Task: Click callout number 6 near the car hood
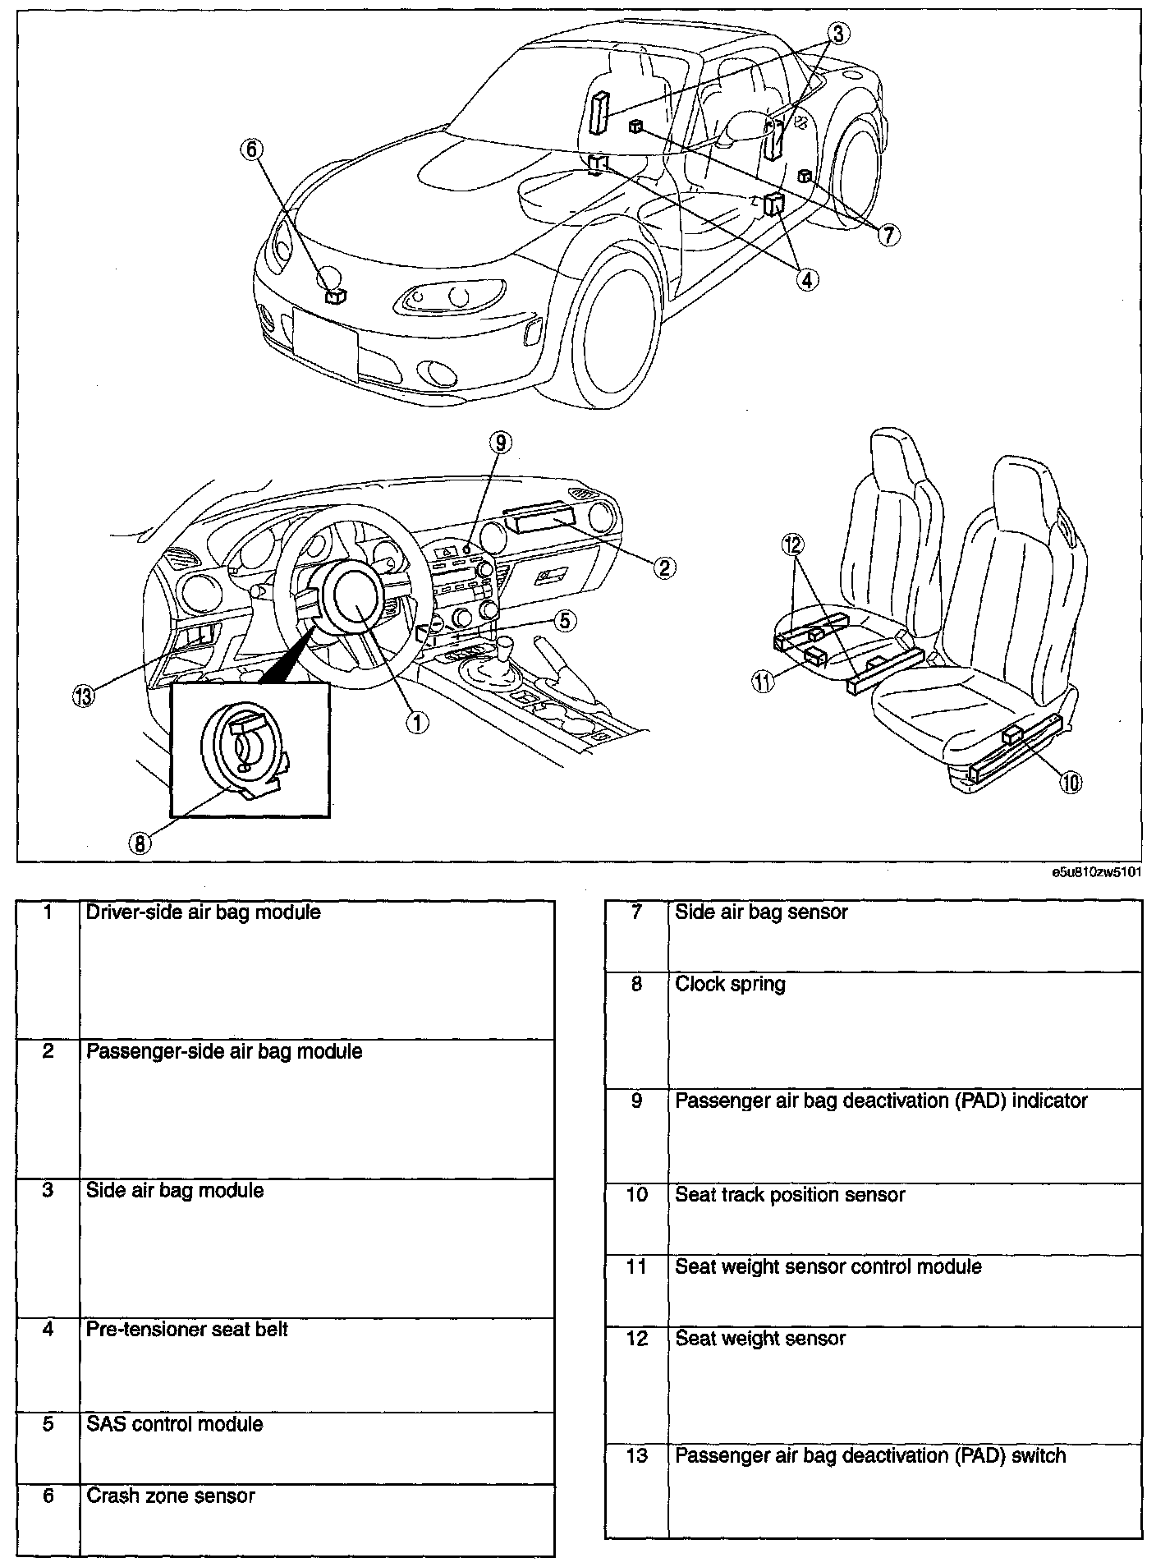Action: tap(251, 149)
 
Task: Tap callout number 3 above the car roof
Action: tap(837, 34)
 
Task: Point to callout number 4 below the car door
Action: tap(805, 279)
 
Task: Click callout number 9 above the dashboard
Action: tap(499, 443)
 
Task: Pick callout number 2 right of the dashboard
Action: tap(664, 566)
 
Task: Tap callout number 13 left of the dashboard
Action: tap(84, 696)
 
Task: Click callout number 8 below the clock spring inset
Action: tap(140, 843)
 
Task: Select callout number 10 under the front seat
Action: tap(1071, 783)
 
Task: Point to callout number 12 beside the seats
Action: tap(794, 545)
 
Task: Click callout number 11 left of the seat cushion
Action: tap(764, 681)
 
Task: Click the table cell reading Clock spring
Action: tap(730, 984)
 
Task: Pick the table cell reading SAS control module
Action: tap(175, 1423)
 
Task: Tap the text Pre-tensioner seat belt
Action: tap(187, 1329)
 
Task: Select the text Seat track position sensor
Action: tap(790, 1195)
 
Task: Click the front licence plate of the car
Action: tap(325, 342)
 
